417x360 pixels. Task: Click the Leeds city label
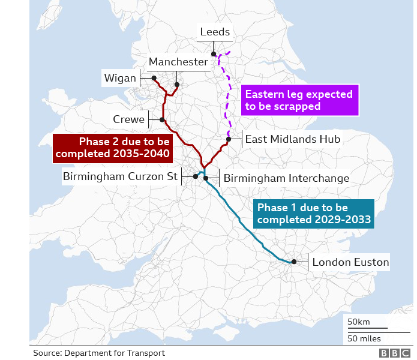tap(215, 32)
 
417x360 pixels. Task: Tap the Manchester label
tap(178, 62)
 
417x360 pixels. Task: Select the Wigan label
tap(120, 78)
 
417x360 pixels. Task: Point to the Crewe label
tap(129, 119)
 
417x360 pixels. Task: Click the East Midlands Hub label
tap(293, 139)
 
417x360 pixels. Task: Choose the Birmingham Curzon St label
tap(121, 176)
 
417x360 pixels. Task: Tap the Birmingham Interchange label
tap(286, 178)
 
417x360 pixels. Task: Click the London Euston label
tap(350, 262)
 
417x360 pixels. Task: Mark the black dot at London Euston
tap(294, 262)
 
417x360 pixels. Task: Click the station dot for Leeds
tap(214, 54)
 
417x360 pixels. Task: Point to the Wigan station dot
tap(154, 78)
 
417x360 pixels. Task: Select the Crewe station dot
tap(162, 119)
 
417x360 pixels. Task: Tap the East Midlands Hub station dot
tap(229, 139)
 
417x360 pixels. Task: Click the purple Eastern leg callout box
tap(299, 100)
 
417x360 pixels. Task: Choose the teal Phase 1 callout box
tap(314, 214)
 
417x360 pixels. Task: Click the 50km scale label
tap(359, 322)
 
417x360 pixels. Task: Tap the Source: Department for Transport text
tap(99, 353)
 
